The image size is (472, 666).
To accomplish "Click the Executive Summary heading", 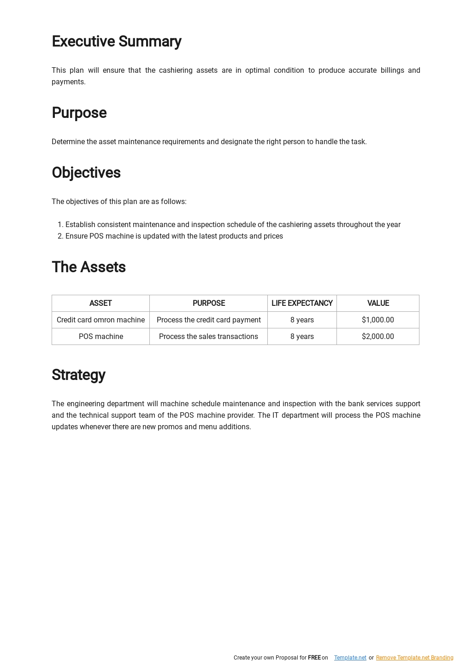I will pos(116,41).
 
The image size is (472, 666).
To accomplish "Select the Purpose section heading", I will pos(79,113).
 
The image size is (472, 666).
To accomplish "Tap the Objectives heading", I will pos(86,173).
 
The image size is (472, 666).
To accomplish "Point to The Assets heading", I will pos(88,267).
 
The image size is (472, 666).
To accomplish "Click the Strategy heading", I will pos(78,375).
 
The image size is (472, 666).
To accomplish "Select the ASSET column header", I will pos(100,303).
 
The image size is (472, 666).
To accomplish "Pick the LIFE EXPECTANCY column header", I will pos(302,303).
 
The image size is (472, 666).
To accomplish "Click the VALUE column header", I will pos(378,303).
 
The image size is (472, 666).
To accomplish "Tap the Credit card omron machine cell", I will pos(100,320).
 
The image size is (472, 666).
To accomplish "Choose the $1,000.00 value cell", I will pos(378,320).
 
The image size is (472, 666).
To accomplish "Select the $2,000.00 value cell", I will pos(378,336).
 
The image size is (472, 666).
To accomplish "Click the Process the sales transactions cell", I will pos(208,336).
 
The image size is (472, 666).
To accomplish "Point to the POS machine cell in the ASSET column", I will pos(100,336).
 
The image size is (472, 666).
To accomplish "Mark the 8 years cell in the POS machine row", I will pos(302,336).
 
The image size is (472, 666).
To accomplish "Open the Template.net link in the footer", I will pos(350,658).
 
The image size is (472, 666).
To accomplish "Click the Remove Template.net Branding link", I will pos(414,658).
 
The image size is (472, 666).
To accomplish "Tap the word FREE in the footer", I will pos(314,658).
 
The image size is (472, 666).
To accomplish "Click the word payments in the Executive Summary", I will pos(68,82).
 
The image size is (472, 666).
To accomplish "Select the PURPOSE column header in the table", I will pos(208,303).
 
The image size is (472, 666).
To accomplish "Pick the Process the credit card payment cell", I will pos(208,320).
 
